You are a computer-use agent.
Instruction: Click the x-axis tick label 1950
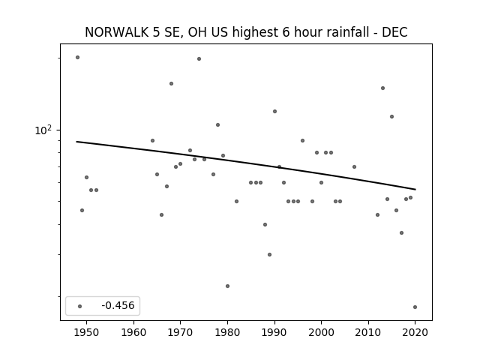(87, 333)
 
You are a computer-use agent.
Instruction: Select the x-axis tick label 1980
(227, 333)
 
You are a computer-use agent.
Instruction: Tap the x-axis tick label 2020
(415, 333)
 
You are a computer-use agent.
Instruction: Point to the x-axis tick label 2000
(321, 333)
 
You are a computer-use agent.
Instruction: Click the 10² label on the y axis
(43, 130)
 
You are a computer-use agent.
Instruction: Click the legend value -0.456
(118, 305)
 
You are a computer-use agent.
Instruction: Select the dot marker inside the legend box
(80, 306)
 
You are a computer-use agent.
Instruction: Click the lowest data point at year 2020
(415, 307)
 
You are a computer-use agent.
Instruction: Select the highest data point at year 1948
(77, 57)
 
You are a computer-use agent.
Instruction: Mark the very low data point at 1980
(227, 286)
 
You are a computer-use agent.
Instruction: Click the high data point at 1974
(199, 58)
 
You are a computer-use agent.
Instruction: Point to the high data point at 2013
(382, 88)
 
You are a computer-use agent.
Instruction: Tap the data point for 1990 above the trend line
(274, 112)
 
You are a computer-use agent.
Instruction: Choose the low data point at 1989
(269, 254)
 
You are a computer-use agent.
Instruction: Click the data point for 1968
(171, 83)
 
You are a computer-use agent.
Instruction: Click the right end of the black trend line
(415, 190)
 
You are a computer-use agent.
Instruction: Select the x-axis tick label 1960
(133, 333)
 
